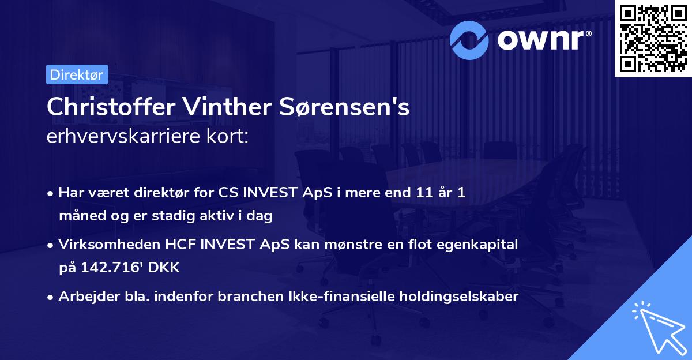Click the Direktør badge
coord(77,74)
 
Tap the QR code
coord(653,38)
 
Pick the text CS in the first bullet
coord(227,193)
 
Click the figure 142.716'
coord(111,268)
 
